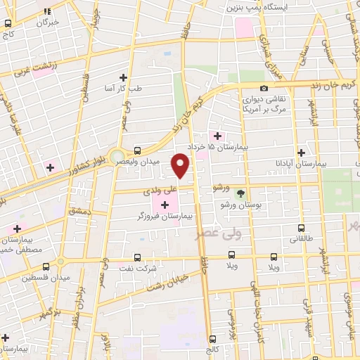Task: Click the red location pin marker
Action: click(x=181, y=166)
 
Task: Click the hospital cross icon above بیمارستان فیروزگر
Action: click(x=165, y=205)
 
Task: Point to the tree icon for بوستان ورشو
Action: click(x=241, y=193)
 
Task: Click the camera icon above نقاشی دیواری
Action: click(x=264, y=89)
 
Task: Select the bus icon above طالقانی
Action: click(x=301, y=229)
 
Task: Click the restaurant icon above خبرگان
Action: click(x=47, y=12)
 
